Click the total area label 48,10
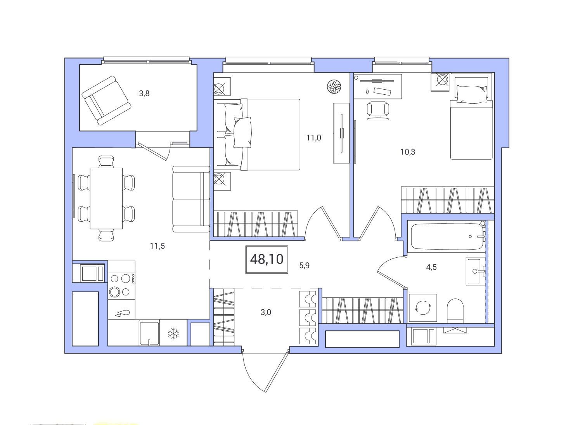click(x=267, y=259)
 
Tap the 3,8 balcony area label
click(x=144, y=94)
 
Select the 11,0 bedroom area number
click(x=313, y=138)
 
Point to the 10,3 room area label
click(x=408, y=152)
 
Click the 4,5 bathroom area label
click(x=431, y=267)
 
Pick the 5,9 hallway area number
click(x=304, y=265)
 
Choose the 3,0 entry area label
click(x=266, y=312)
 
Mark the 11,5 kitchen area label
click(x=157, y=246)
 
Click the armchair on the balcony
click(x=106, y=101)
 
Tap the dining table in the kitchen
click(x=106, y=198)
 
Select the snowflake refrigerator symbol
click(x=173, y=333)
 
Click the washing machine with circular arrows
click(x=423, y=308)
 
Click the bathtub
click(x=448, y=236)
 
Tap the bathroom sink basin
click(x=475, y=271)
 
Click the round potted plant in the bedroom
click(x=334, y=87)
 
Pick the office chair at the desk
click(x=378, y=111)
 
